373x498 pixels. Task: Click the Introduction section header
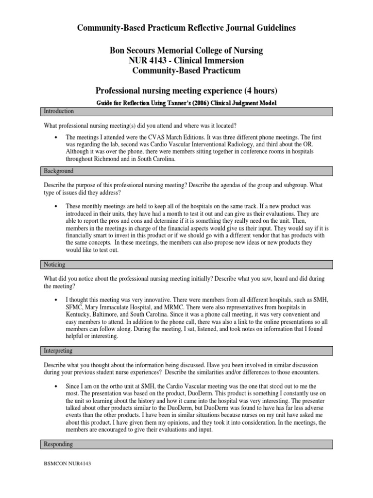[58, 111]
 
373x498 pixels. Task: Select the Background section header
[58, 171]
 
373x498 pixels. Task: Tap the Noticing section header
[54, 265]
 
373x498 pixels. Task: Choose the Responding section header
[58, 444]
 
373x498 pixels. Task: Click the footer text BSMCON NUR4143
[68, 463]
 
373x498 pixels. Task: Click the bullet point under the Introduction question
[57, 138]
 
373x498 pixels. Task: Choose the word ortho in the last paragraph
[111, 386]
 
